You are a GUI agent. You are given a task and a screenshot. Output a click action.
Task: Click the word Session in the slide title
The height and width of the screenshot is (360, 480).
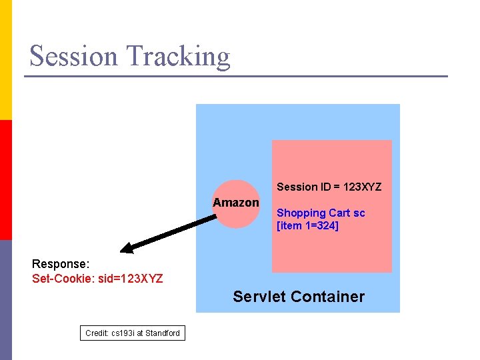coord(73,56)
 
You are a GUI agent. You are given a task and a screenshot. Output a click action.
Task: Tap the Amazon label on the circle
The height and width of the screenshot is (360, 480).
coord(236,203)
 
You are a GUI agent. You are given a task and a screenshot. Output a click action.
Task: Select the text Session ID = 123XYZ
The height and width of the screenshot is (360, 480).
coord(329,187)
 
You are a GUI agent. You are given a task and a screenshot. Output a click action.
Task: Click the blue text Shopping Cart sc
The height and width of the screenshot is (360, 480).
coord(321,213)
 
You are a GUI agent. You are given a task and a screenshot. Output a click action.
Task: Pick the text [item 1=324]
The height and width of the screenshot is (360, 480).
coord(307,226)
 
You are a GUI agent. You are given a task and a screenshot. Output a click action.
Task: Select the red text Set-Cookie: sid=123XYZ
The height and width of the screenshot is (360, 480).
coord(97,277)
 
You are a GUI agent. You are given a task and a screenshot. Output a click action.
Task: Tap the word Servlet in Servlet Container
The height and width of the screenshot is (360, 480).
coord(258,297)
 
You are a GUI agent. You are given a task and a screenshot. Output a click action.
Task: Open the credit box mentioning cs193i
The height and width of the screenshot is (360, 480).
coord(133,333)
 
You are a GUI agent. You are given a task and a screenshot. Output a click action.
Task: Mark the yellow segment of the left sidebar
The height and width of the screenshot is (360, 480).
coord(6,60)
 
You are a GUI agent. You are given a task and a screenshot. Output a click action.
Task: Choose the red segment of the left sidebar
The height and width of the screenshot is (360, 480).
coord(6,180)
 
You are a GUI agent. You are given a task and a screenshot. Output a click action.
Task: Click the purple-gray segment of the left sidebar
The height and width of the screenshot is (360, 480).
coord(6,300)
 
